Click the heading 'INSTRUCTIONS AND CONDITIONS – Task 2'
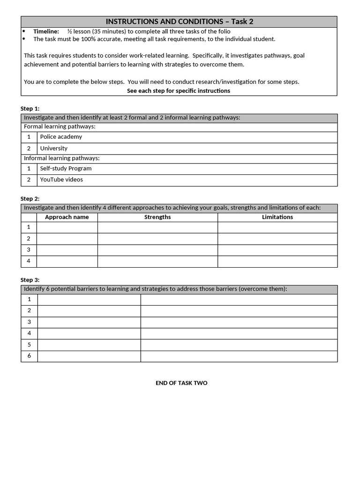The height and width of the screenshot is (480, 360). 179,22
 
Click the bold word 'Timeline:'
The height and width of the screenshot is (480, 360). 46,31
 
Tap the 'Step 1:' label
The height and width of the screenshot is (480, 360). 30,108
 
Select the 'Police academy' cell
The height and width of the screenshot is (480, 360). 61,137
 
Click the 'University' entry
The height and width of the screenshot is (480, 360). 53,148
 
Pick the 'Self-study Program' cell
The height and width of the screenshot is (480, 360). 66,168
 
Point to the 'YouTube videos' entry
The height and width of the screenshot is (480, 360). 61,180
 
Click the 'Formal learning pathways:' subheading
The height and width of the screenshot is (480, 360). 60,127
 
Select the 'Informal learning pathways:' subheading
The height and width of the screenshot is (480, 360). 62,158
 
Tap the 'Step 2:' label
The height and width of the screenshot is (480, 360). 30,199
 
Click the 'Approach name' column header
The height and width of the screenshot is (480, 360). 67,217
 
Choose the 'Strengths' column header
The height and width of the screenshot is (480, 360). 157,217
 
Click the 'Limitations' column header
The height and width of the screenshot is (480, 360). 277,217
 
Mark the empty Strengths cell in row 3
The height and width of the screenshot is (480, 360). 157,250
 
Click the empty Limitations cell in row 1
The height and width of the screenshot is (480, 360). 277,227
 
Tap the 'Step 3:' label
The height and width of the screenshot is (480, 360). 30,280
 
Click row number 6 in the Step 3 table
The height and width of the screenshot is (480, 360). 29,356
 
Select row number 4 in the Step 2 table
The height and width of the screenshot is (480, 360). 29,261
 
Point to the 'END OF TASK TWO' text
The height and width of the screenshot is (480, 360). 181,383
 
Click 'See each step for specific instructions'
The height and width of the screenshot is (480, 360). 179,90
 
